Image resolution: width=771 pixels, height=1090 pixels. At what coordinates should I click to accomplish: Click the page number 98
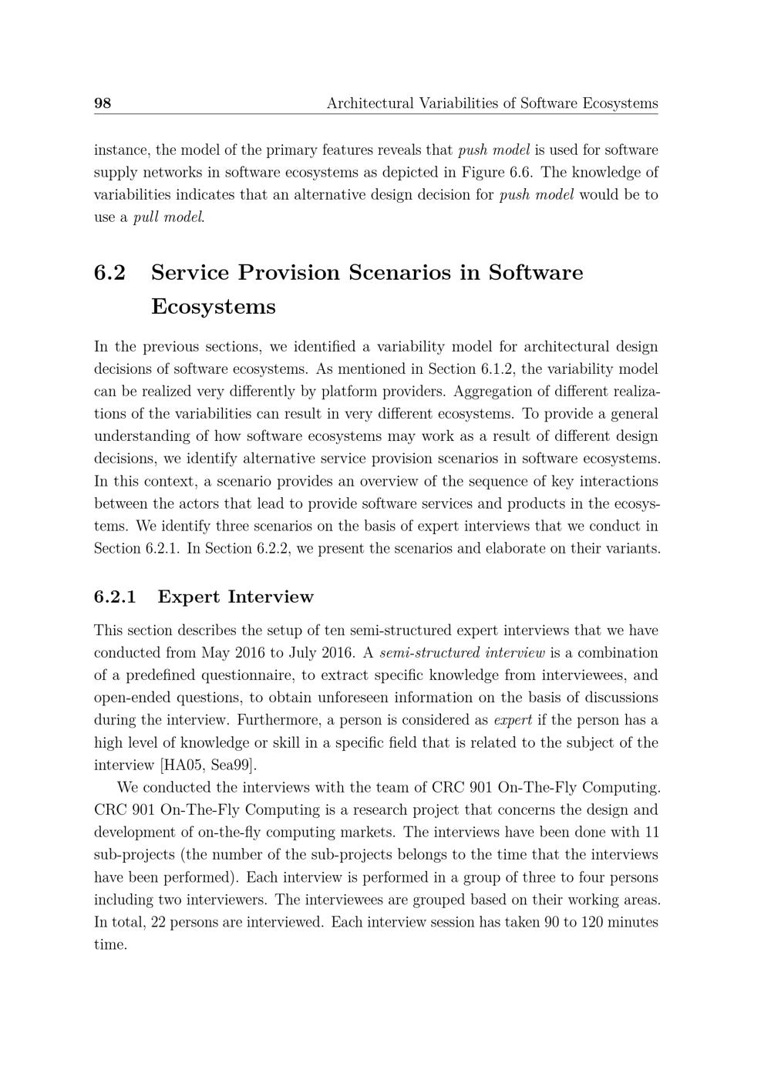click(x=103, y=103)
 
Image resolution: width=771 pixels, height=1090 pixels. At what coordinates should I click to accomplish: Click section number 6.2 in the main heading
click(x=109, y=273)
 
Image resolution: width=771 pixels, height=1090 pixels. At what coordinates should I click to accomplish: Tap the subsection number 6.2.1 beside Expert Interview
click(x=115, y=597)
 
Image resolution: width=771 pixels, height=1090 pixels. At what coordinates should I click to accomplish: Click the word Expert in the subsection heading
click(x=189, y=597)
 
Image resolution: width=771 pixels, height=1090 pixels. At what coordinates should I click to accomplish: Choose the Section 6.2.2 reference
click(x=231, y=550)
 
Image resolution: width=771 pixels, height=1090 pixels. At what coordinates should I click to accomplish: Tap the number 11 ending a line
click(x=651, y=833)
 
